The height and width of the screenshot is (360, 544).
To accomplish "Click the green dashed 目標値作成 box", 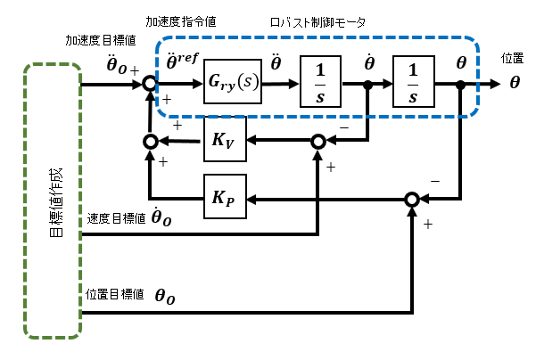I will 54,198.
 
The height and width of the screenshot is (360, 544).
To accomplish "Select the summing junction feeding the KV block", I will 318,141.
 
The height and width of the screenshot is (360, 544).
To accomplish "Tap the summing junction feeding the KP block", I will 411,197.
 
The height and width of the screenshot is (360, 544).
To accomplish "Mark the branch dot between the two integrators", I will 369,85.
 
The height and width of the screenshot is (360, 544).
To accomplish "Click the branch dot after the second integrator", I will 459,85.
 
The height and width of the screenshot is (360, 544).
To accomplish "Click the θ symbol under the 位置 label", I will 515,83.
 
